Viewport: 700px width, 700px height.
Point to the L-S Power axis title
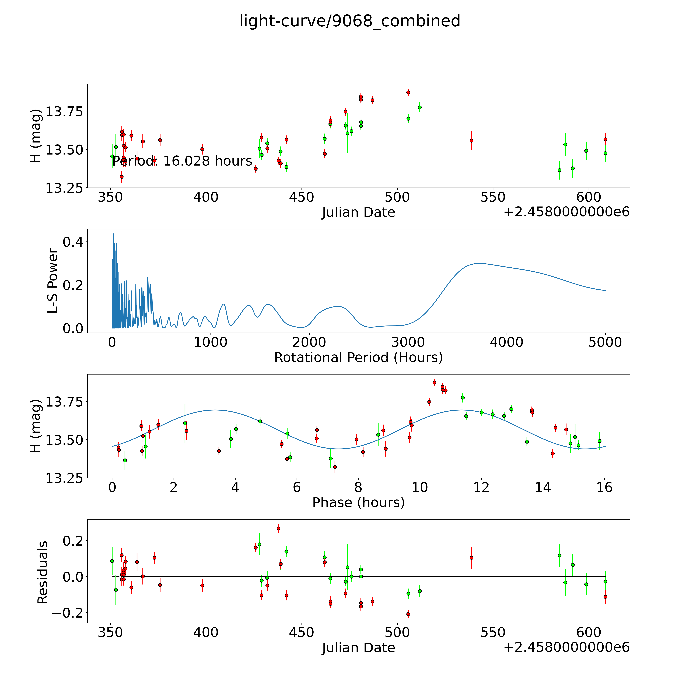[x=53, y=281]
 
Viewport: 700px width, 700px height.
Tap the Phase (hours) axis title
[x=358, y=503]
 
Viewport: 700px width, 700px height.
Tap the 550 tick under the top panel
[x=493, y=197]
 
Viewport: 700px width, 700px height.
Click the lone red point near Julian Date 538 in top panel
[x=471, y=141]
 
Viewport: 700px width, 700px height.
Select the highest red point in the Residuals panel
[x=278, y=529]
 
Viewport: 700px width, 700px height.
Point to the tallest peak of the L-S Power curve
[x=113, y=234]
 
